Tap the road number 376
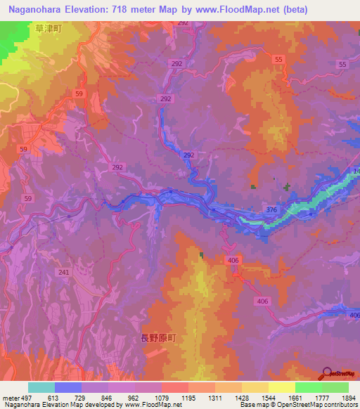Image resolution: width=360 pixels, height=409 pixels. coord(271,209)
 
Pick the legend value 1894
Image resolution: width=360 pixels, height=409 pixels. coord(347,396)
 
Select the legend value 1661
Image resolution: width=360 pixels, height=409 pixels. coord(294,396)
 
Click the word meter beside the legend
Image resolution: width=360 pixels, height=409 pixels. coord(10,396)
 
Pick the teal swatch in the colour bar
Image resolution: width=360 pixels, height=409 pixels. coord(41,387)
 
